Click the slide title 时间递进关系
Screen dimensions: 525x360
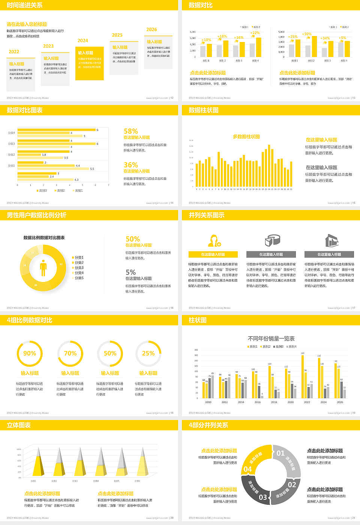[25, 5]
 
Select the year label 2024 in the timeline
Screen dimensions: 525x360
[83, 40]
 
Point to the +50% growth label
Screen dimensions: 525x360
[307, 34]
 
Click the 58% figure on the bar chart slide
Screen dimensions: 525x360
[131, 131]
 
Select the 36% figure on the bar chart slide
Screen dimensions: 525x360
[131, 165]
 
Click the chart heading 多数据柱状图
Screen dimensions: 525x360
[246, 136]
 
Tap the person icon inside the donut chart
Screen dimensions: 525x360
[43, 268]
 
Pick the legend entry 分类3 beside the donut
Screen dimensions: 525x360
[79, 268]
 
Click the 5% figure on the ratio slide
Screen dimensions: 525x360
[130, 272]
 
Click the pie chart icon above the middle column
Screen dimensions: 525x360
[272, 240]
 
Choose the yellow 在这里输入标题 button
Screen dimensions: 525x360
[213, 254]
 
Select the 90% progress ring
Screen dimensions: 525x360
[30, 353]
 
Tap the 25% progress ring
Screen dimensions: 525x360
[148, 353]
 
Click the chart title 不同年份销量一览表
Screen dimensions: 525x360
[271, 338]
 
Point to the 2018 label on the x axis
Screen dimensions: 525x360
[274, 402]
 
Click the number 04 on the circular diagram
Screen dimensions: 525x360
[248, 469]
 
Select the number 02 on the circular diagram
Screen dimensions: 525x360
[292, 484]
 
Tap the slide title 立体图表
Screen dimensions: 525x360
[19, 425]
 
